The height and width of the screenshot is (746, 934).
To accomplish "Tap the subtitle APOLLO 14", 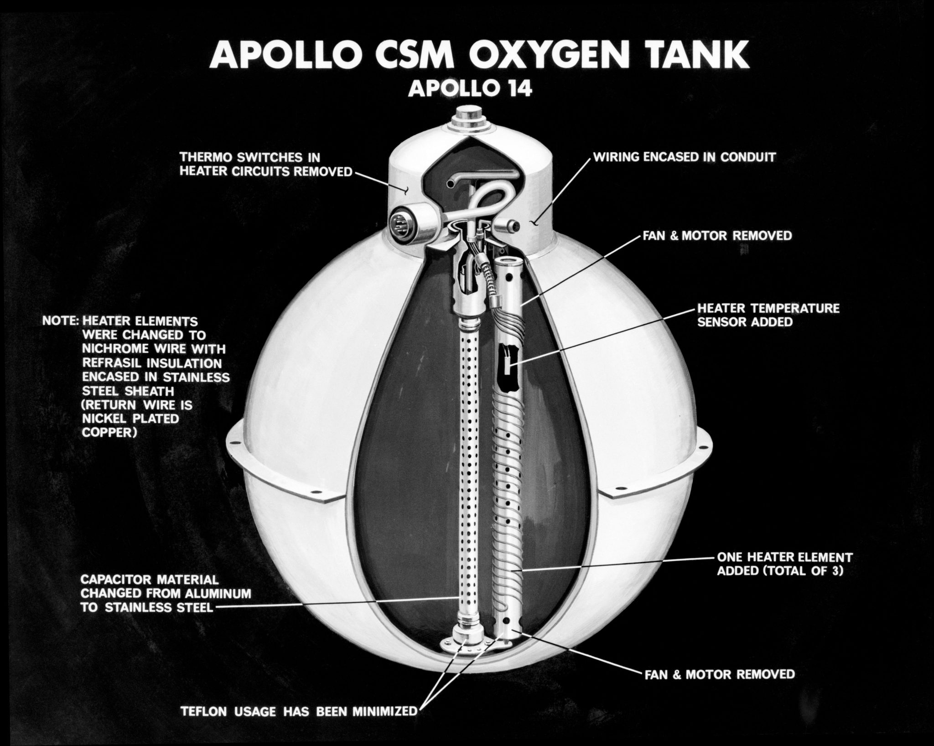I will coord(469,88).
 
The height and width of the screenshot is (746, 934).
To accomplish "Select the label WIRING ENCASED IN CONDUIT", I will coord(684,158).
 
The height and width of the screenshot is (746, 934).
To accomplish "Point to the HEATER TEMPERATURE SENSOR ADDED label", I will coord(767,315).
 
